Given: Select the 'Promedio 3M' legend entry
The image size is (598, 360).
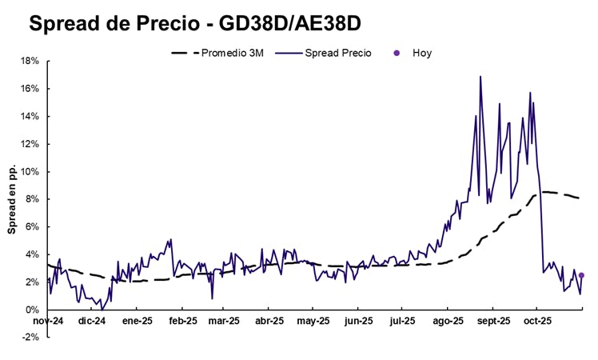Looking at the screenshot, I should coord(231,53).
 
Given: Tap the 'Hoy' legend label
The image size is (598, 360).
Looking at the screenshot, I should coord(422,53).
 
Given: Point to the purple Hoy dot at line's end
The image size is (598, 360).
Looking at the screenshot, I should coord(581,275).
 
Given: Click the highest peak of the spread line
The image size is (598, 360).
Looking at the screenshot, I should coord(480,77).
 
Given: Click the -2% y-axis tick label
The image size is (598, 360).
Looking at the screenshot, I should coord(31,337).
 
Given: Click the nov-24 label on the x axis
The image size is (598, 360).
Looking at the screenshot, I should coord(47,322).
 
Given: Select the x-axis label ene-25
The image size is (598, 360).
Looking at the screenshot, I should coord(137,322).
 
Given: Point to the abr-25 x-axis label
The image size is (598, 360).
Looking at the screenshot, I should coord(269,322).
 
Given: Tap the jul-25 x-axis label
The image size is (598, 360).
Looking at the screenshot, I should coord(402,322).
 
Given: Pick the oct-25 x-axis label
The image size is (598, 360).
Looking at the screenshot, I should coord(536,322).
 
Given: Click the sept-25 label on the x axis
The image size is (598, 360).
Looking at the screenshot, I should coord(493,322).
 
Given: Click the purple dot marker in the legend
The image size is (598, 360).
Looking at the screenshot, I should coord(396,53).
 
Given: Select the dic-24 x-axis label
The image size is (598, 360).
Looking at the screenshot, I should coord(92,322).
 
